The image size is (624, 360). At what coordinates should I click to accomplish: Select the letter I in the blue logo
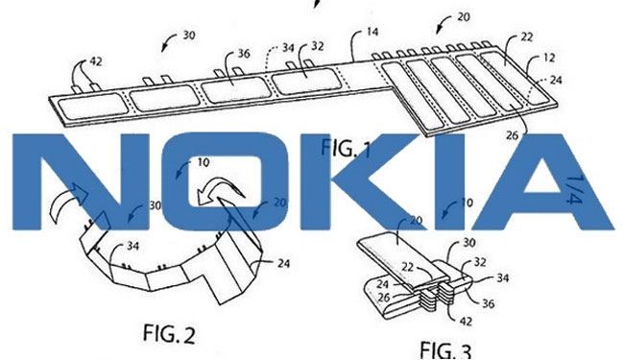pyautogui.click(x=449, y=181)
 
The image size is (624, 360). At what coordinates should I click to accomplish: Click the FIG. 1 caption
pyautogui.click(x=346, y=149)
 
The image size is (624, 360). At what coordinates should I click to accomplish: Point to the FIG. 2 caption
pyautogui.click(x=169, y=333)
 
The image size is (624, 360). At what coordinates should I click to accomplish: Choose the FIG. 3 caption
pyautogui.click(x=445, y=350)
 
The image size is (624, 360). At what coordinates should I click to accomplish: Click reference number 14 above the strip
pyautogui.click(x=372, y=32)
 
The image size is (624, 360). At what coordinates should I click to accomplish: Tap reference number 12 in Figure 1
pyautogui.click(x=549, y=58)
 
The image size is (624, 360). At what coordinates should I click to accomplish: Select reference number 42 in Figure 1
pyautogui.click(x=95, y=61)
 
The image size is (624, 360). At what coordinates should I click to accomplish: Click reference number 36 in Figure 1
pyautogui.click(x=243, y=54)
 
